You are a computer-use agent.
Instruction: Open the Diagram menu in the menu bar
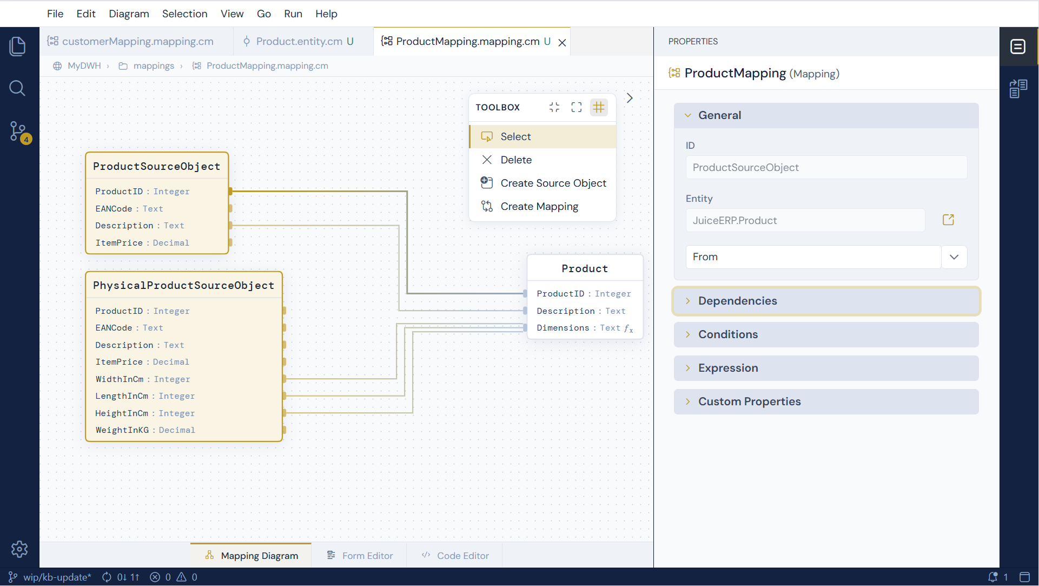(129, 14)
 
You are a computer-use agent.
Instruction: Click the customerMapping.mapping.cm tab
(137, 41)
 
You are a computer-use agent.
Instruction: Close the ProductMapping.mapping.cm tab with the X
(562, 42)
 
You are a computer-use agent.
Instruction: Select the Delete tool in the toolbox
(516, 160)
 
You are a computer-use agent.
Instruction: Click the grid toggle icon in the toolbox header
(598, 107)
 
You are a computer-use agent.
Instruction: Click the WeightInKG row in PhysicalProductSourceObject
(145, 430)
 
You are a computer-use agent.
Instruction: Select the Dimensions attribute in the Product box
(584, 328)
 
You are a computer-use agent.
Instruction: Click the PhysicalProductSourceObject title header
(183, 285)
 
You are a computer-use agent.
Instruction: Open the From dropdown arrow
(954, 257)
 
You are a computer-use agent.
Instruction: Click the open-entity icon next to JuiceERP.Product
(948, 220)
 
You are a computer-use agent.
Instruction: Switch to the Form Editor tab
(360, 556)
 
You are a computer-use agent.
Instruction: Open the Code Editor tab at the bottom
(455, 556)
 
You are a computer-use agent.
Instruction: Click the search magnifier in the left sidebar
(17, 88)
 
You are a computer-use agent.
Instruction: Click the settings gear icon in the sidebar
(19, 549)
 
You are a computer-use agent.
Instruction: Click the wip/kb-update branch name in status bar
(57, 577)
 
